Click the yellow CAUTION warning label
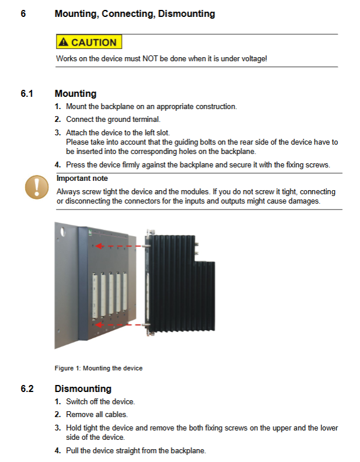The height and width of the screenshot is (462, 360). (x=89, y=42)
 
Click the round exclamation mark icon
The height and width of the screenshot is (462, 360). (x=37, y=187)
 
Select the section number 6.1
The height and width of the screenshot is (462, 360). (x=27, y=93)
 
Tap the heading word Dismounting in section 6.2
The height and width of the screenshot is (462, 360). (x=83, y=388)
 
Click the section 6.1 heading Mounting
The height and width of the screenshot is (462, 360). (x=75, y=93)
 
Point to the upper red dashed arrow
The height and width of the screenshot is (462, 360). (x=120, y=246)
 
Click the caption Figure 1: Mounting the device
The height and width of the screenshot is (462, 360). (x=98, y=368)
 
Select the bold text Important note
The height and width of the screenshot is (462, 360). (x=82, y=178)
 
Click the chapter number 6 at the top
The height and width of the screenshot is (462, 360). (x=23, y=13)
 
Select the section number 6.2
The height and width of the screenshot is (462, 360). (x=27, y=388)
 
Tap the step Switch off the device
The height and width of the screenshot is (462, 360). (x=100, y=401)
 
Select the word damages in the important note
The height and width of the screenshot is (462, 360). (x=306, y=201)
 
